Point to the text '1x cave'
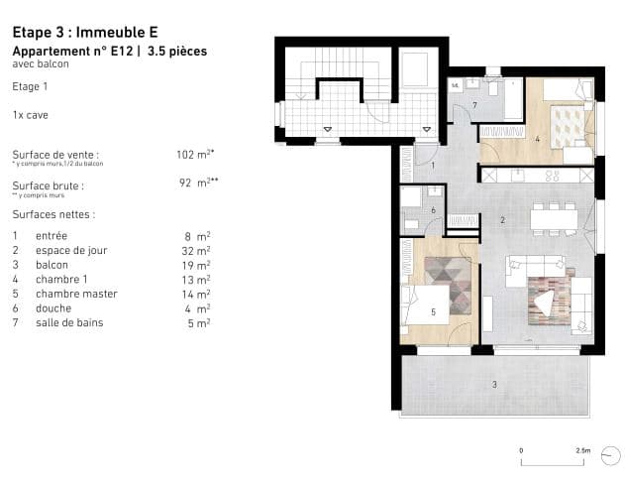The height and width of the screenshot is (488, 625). point(30,115)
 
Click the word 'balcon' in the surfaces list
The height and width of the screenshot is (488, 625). point(52,265)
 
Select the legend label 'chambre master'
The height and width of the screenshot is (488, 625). point(76,295)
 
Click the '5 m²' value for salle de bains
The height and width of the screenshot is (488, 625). point(199,323)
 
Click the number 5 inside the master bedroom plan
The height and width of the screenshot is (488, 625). point(432,310)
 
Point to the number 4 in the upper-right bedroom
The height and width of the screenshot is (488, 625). point(537,138)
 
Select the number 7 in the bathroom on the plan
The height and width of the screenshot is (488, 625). point(474,104)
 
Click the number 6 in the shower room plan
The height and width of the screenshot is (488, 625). point(433,209)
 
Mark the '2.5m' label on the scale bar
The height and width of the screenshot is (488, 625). point(584,450)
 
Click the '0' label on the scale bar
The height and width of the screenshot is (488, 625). point(522,450)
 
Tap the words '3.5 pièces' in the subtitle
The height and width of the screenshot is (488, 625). point(176,52)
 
